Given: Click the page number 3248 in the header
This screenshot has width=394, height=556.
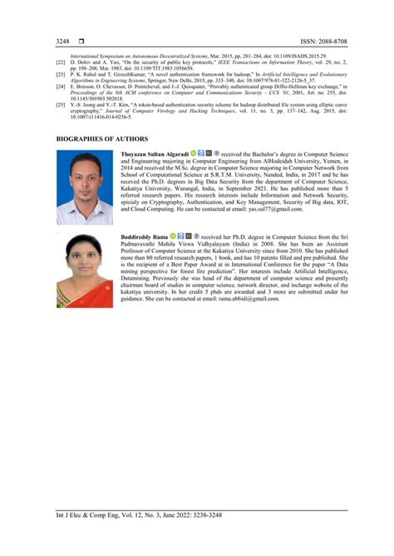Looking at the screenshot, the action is click(62, 40).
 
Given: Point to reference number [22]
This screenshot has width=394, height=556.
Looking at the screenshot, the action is click(60, 63).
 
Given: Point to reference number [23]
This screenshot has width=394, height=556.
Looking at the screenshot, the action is click(60, 74).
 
